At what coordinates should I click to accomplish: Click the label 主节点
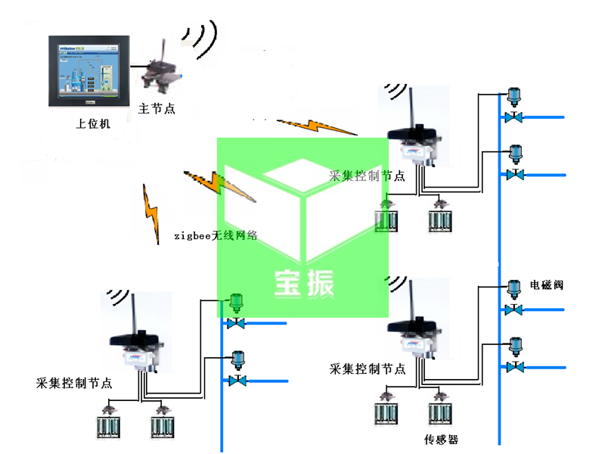tap(157, 109)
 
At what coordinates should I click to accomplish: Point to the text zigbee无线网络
tap(216, 235)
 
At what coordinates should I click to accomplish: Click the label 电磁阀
tap(546, 285)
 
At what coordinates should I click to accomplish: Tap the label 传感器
tap(442, 440)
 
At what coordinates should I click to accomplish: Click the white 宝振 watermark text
tap(303, 284)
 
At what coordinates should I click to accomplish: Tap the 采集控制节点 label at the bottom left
tap(74, 384)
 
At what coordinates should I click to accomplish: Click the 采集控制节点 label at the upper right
tap(367, 176)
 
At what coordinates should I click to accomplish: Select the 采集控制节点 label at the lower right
tap(368, 369)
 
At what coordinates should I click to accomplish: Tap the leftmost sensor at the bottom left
tap(107, 424)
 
